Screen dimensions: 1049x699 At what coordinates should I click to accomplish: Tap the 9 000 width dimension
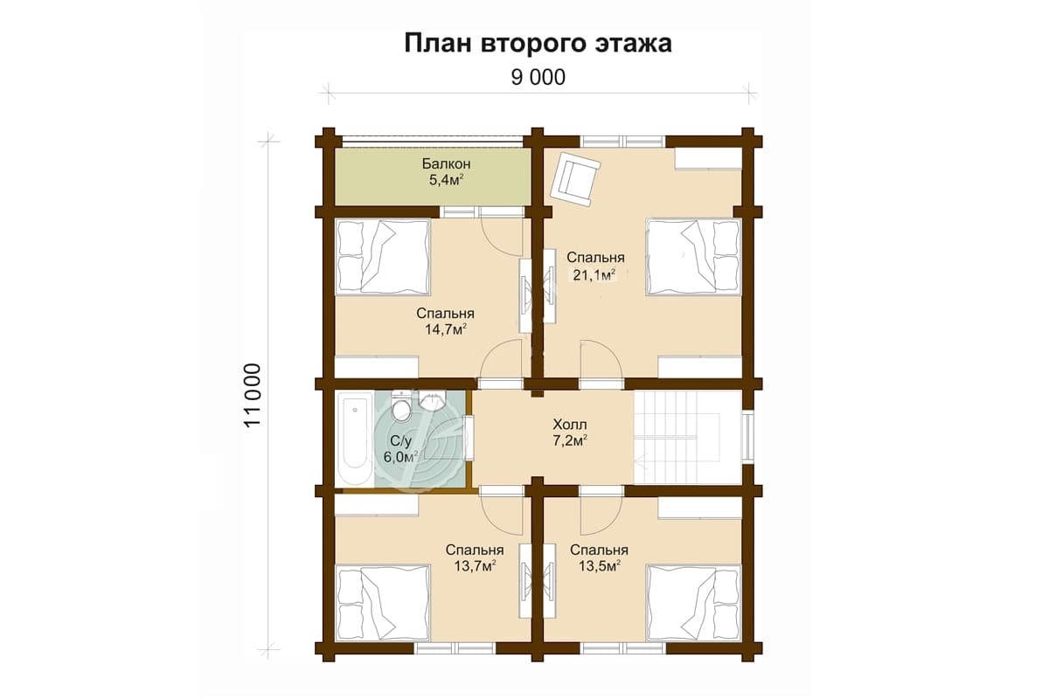(x=538, y=77)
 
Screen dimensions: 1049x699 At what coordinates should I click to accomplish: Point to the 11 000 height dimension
(x=253, y=395)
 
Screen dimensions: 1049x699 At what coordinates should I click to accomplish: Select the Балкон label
(x=447, y=164)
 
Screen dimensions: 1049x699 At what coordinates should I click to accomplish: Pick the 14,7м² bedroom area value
(x=445, y=329)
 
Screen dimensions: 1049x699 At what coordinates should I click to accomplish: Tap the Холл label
(x=569, y=425)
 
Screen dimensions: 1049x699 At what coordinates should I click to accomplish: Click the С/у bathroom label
(x=400, y=440)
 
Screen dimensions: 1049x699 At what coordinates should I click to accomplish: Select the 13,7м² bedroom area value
(x=475, y=565)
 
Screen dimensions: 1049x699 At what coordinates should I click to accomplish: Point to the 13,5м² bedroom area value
(x=600, y=565)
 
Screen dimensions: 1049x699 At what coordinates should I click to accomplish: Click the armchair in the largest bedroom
(x=575, y=180)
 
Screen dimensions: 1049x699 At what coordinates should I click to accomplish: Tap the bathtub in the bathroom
(x=355, y=439)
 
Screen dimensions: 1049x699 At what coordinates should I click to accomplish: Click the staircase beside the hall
(x=687, y=438)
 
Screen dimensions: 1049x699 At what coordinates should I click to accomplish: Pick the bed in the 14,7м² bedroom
(x=383, y=257)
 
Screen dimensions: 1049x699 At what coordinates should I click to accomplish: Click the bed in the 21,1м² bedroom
(x=693, y=257)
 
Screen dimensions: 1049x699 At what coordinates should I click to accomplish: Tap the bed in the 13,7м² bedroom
(x=383, y=603)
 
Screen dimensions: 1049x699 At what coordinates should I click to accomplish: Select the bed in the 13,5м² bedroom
(x=693, y=603)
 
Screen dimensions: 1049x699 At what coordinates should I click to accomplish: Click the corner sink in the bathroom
(x=432, y=400)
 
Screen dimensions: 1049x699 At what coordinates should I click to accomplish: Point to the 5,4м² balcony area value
(x=447, y=180)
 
